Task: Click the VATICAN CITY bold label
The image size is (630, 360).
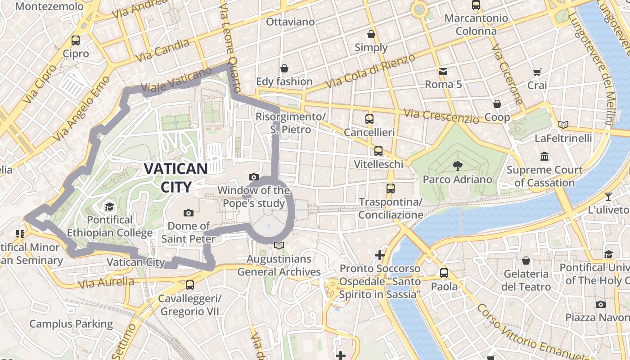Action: point(175,177)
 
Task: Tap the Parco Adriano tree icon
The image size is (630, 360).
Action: point(457,166)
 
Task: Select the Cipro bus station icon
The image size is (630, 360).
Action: point(76,40)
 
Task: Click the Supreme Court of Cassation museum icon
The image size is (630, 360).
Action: point(544,157)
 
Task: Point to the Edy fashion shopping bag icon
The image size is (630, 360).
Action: point(284,68)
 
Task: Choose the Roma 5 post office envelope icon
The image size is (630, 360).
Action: point(443,71)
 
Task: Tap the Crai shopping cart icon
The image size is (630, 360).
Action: point(537,72)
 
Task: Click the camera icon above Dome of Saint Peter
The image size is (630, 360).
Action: point(189,213)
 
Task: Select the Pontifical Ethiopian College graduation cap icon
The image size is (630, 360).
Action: point(109,207)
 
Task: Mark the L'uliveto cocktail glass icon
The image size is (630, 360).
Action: point(608,196)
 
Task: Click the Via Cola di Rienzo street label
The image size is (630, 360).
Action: point(370,71)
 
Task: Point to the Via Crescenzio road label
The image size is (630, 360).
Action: point(441,116)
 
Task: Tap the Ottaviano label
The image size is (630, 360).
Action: point(290,22)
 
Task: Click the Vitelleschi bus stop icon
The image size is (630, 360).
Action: point(378,151)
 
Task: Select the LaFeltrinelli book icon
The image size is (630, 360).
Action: point(563,125)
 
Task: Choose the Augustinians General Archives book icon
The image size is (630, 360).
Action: point(279,245)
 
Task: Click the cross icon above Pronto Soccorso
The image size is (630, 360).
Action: point(380,255)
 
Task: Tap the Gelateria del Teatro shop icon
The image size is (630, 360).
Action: point(526,261)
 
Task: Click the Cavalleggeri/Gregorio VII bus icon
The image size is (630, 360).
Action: point(190,285)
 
